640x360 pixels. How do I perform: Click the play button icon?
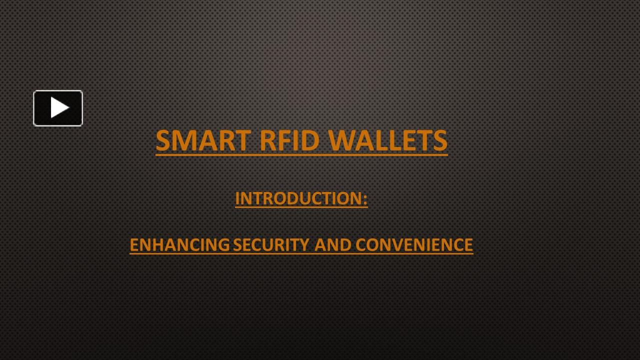point(58,108)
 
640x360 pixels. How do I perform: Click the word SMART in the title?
point(203,140)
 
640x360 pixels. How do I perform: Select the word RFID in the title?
point(289,140)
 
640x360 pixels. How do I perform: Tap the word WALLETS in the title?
point(388,140)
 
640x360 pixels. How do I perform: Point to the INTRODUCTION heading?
point(299,198)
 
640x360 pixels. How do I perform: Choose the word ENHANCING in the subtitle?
point(180,245)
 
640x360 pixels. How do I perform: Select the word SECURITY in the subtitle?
point(271,245)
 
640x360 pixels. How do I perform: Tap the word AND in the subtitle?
point(333,245)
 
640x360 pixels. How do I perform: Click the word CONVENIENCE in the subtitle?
point(414,245)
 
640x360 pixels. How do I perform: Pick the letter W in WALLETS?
point(341,140)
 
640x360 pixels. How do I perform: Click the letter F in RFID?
point(283,140)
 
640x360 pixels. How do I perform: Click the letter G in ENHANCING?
point(223,245)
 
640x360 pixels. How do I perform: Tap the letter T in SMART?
point(242,140)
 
